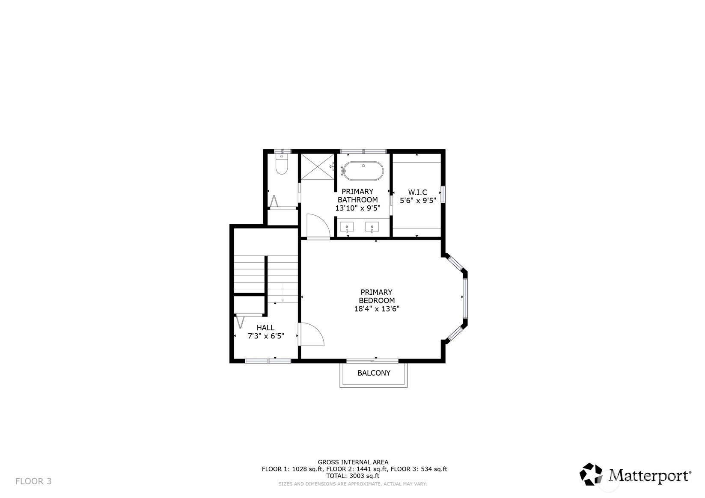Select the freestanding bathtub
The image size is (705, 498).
(x=363, y=171)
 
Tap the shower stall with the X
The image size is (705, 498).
(x=318, y=167)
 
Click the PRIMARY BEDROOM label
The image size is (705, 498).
(x=377, y=296)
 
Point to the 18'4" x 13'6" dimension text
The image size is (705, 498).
(x=377, y=308)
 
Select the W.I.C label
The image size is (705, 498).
(x=418, y=192)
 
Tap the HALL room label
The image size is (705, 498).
(x=265, y=327)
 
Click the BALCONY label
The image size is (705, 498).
(x=374, y=373)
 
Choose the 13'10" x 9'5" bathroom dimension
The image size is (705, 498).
(x=358, y=208)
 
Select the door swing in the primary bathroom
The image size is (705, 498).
(x=318, y=225)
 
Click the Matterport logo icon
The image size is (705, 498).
(x=591, y=474)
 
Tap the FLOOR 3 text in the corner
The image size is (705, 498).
(x=33, y=481)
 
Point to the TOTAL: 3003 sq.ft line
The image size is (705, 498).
(x=353, y=476)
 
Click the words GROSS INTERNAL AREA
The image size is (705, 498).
(x=353, y=462)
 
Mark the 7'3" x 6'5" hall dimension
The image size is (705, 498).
(x=266, y=336)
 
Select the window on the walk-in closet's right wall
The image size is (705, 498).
(x=443, y=194)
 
